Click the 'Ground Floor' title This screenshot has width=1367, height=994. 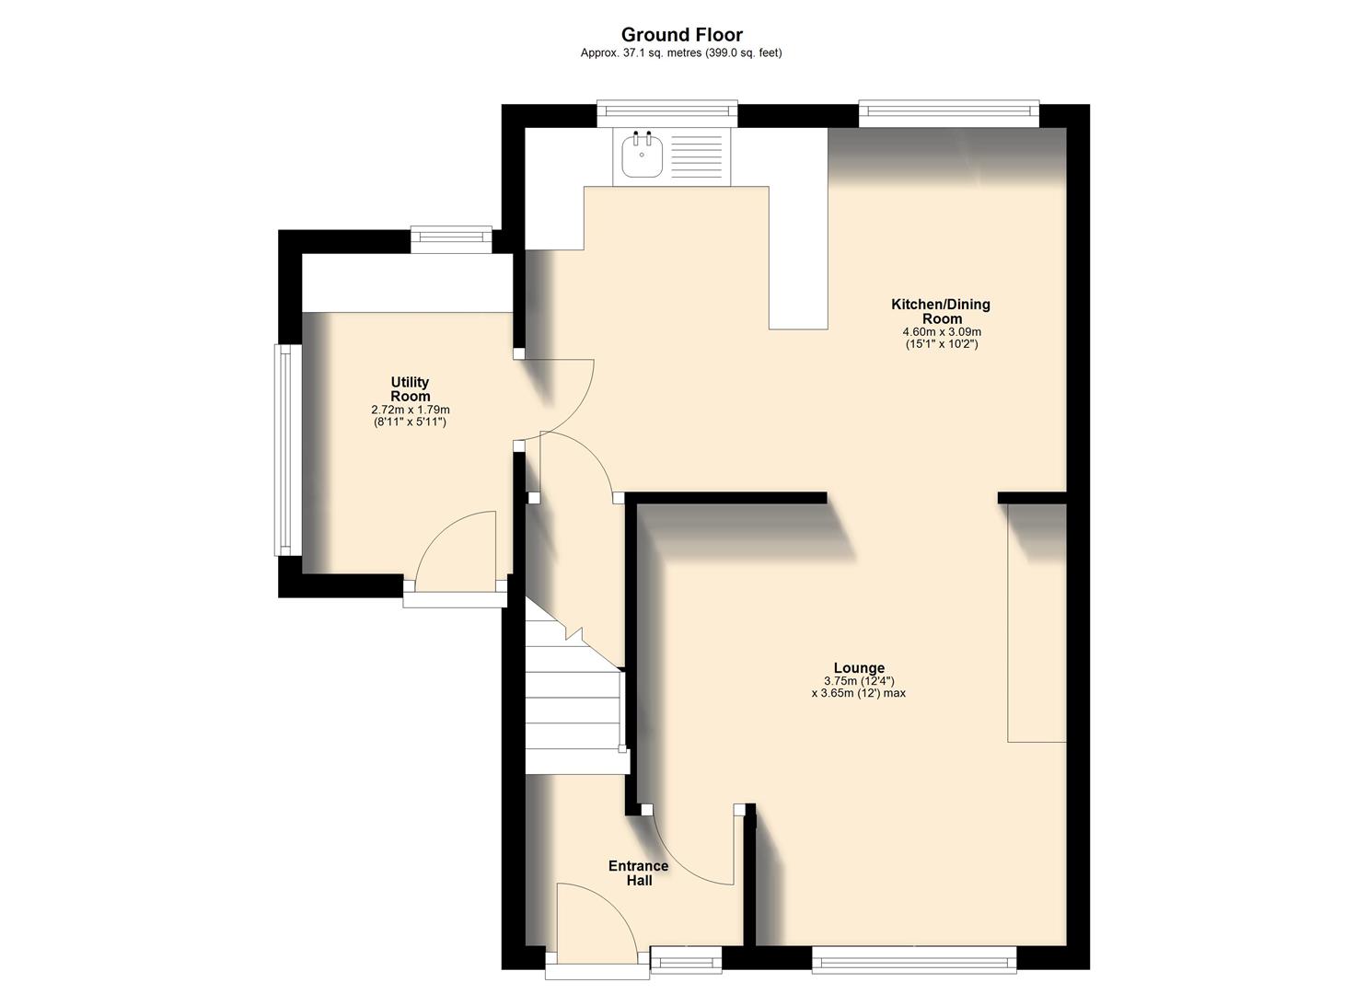[681, 35]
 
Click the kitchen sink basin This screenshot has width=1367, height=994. [641, 156]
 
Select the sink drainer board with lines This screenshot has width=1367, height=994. [697, 156]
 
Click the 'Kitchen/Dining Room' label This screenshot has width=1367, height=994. [940, 311]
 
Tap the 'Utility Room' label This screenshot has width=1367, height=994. [410, 389]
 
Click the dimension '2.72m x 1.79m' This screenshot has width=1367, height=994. [410, 410]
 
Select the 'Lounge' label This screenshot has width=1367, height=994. [859, 668]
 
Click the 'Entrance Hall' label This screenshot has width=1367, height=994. [638, 873]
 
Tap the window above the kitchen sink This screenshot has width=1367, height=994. [666, 113]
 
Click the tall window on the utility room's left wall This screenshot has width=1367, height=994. [288, 450]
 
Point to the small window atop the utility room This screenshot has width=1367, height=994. [451, 239]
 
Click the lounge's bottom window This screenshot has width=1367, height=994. [914, 961]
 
